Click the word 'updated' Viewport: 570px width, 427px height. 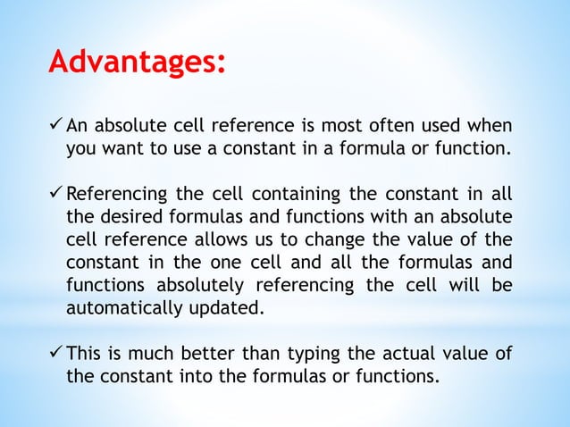coord(212,309)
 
